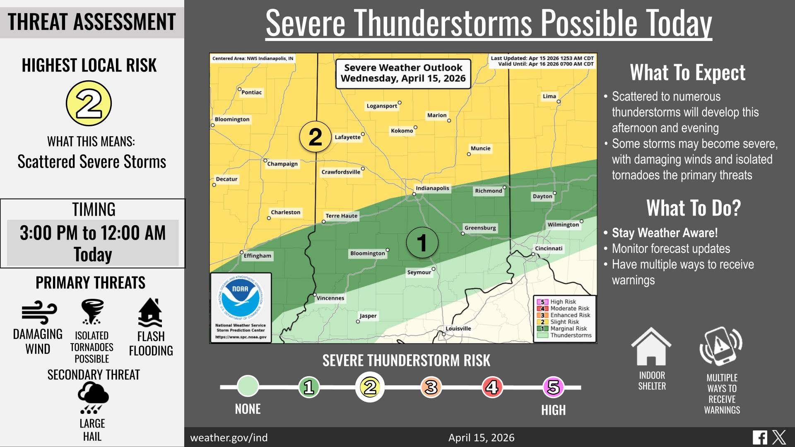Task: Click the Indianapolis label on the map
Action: [x=432, y=188]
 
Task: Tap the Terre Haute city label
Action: [x=341, y=216]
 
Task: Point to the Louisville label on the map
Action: [x=458, y=329]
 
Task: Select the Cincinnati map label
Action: [x=548, y=248]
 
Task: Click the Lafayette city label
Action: [x=347, y=137]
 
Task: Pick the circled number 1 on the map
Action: [x=422, y=243]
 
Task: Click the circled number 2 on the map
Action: [x=315, y=137]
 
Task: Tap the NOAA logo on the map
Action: [x=240, y=298]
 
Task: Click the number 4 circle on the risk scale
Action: [x=492, y=387]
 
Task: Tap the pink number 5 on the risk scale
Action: [x=553, y=387]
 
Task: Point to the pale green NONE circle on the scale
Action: [x=248, y=386]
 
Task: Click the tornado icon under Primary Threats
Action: [x=92, y=311]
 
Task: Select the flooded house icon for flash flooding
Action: [x=150, y=312]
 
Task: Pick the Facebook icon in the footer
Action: [x=760, y=437]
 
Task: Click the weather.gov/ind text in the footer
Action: [x=229, y=437]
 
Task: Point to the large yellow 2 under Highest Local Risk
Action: [x=89, y=103]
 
